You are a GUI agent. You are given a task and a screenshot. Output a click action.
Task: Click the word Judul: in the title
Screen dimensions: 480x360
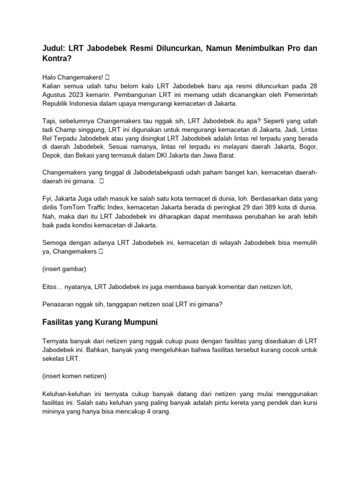(x=53, y=50)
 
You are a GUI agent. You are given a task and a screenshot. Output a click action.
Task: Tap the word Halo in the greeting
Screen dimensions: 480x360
(x=50, y=77)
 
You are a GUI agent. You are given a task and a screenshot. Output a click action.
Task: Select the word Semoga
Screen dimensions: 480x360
(x=54, y=243)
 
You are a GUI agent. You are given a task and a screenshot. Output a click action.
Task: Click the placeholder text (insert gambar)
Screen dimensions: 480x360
(x=64, y=270)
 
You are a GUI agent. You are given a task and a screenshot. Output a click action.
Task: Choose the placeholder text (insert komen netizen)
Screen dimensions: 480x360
(x=74, y=375)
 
